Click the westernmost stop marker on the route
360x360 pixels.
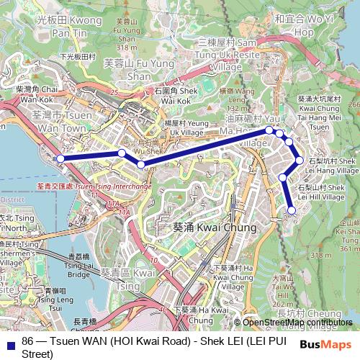pos(61,158)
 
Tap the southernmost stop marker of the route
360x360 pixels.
pos(292,210)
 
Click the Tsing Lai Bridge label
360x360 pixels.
pos(78,265)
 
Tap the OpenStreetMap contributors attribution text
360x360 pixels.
pos(297,322)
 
